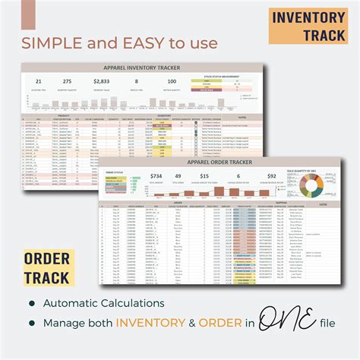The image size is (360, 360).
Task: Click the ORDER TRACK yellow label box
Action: coord(50,268)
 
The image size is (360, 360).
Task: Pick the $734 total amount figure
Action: coord(156,176)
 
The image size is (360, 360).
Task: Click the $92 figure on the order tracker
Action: coord(271,176)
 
